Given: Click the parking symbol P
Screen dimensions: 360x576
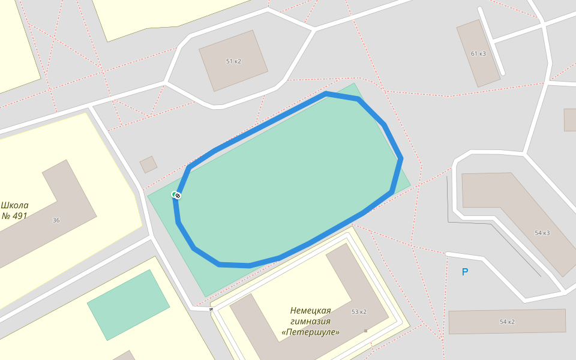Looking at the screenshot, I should point(464,272).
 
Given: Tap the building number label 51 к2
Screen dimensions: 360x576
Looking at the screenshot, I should point(233,61).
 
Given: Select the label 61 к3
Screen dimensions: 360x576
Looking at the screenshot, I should point(478,53).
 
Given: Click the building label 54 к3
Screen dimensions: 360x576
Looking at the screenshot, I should point(542,233).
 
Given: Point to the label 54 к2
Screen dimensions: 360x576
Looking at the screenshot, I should point(507,322).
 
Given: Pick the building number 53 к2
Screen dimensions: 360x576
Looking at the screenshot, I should point(359,311).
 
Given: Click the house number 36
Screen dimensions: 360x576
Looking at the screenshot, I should point(56,220).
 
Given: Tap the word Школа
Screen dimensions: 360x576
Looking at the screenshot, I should point(14,205).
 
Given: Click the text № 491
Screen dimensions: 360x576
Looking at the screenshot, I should point(14,216).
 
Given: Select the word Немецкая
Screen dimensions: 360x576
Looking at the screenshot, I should point(310,310).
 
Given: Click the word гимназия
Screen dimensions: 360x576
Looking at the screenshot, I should point(310,321).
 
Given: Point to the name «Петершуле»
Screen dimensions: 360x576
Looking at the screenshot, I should point(310,332).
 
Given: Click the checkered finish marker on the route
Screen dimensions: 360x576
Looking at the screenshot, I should point(178,195).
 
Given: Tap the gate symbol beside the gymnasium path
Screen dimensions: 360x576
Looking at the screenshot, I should point(211,310).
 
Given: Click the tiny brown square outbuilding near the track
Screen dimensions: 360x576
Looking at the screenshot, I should point(148,164).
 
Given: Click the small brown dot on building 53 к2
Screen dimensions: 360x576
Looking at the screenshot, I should point(365,331).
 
